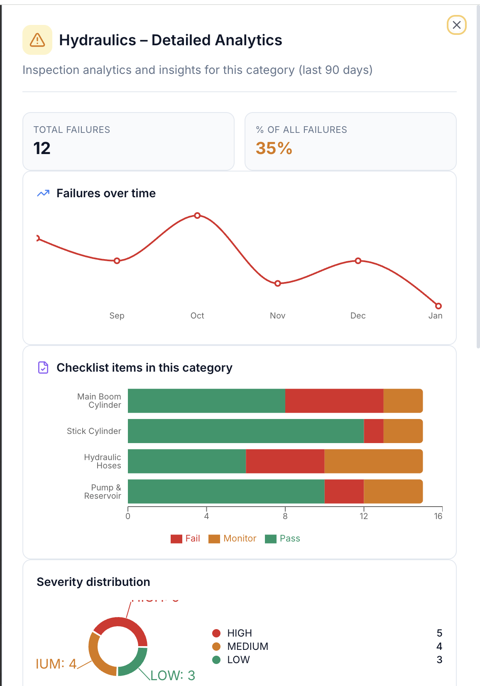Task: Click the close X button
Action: pos(456,25)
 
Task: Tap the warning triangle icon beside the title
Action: pos(37,40)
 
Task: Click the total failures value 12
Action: pos(42,148)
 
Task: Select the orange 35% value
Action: pos(274,148)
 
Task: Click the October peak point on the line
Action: pos(197,216)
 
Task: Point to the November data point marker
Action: pos(278,284)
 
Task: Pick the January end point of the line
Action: pos(438,306)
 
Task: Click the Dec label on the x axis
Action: pos(358,316)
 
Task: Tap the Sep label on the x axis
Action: pos(117,316)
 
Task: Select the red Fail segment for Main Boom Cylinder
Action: pos(334,401)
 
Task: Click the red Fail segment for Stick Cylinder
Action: pos(374,431)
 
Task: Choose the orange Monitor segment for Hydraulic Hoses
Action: pos(373,461)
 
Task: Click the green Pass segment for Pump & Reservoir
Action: pos(226,492)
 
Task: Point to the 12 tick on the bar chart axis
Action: pos(364,516)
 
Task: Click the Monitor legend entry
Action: pos(233,539)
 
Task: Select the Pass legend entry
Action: pos(283,539)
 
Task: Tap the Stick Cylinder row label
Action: pos(94,431)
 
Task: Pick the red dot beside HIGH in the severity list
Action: pos(216,633)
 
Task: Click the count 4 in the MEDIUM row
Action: pos(439,647)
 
